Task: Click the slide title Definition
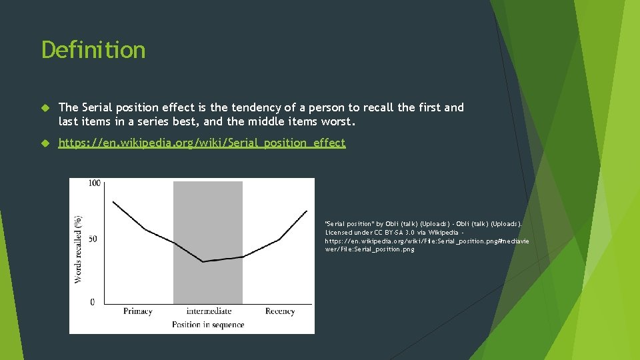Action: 93,50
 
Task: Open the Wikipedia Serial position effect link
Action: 202,143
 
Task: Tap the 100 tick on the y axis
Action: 94,183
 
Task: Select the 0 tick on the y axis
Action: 92,302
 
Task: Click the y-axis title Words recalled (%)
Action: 79,248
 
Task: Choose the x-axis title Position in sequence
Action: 208,325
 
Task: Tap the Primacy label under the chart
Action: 138,311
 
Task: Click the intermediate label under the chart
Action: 209,311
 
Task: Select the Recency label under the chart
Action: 280,311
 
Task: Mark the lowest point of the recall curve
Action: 203,262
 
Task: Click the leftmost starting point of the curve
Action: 113,201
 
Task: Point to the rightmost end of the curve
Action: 307,211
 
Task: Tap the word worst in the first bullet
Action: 340,123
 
